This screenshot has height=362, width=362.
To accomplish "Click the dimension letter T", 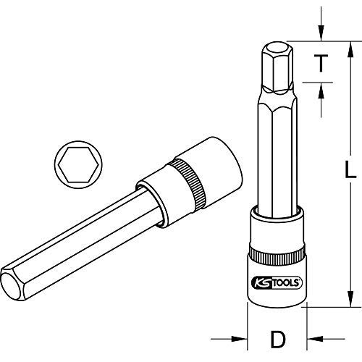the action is [x=321, y=63].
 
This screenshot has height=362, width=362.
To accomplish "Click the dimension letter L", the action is [x=350, y=169].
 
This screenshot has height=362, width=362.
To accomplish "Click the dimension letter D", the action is [x=278, y=340].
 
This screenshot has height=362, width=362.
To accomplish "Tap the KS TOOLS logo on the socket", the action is [x=277, y=282].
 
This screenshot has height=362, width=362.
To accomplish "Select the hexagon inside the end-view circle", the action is [x=78, y=164].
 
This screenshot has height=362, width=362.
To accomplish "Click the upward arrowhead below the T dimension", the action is [x=321, y=90].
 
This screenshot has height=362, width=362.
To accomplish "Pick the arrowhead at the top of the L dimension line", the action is [x=350, y=50].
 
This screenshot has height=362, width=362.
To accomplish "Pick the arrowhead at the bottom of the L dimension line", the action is [x=350, y=299].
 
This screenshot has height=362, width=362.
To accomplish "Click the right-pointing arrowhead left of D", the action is [x=239, y=339].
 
